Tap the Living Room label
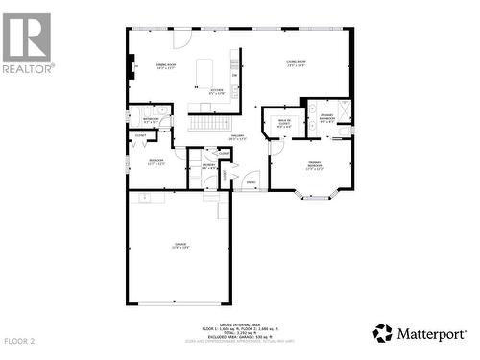pos(295,64)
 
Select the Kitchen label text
pos(218,92)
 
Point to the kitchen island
pos(203,73)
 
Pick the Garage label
pos(180,249)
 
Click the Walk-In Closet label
pos(284,123)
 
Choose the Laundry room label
pos(208,166)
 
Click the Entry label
pos(251,181)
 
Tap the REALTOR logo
pos(27,43)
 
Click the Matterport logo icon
pos(384,333)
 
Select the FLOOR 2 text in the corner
pos(19,341)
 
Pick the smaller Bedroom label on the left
pos(156,162)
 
